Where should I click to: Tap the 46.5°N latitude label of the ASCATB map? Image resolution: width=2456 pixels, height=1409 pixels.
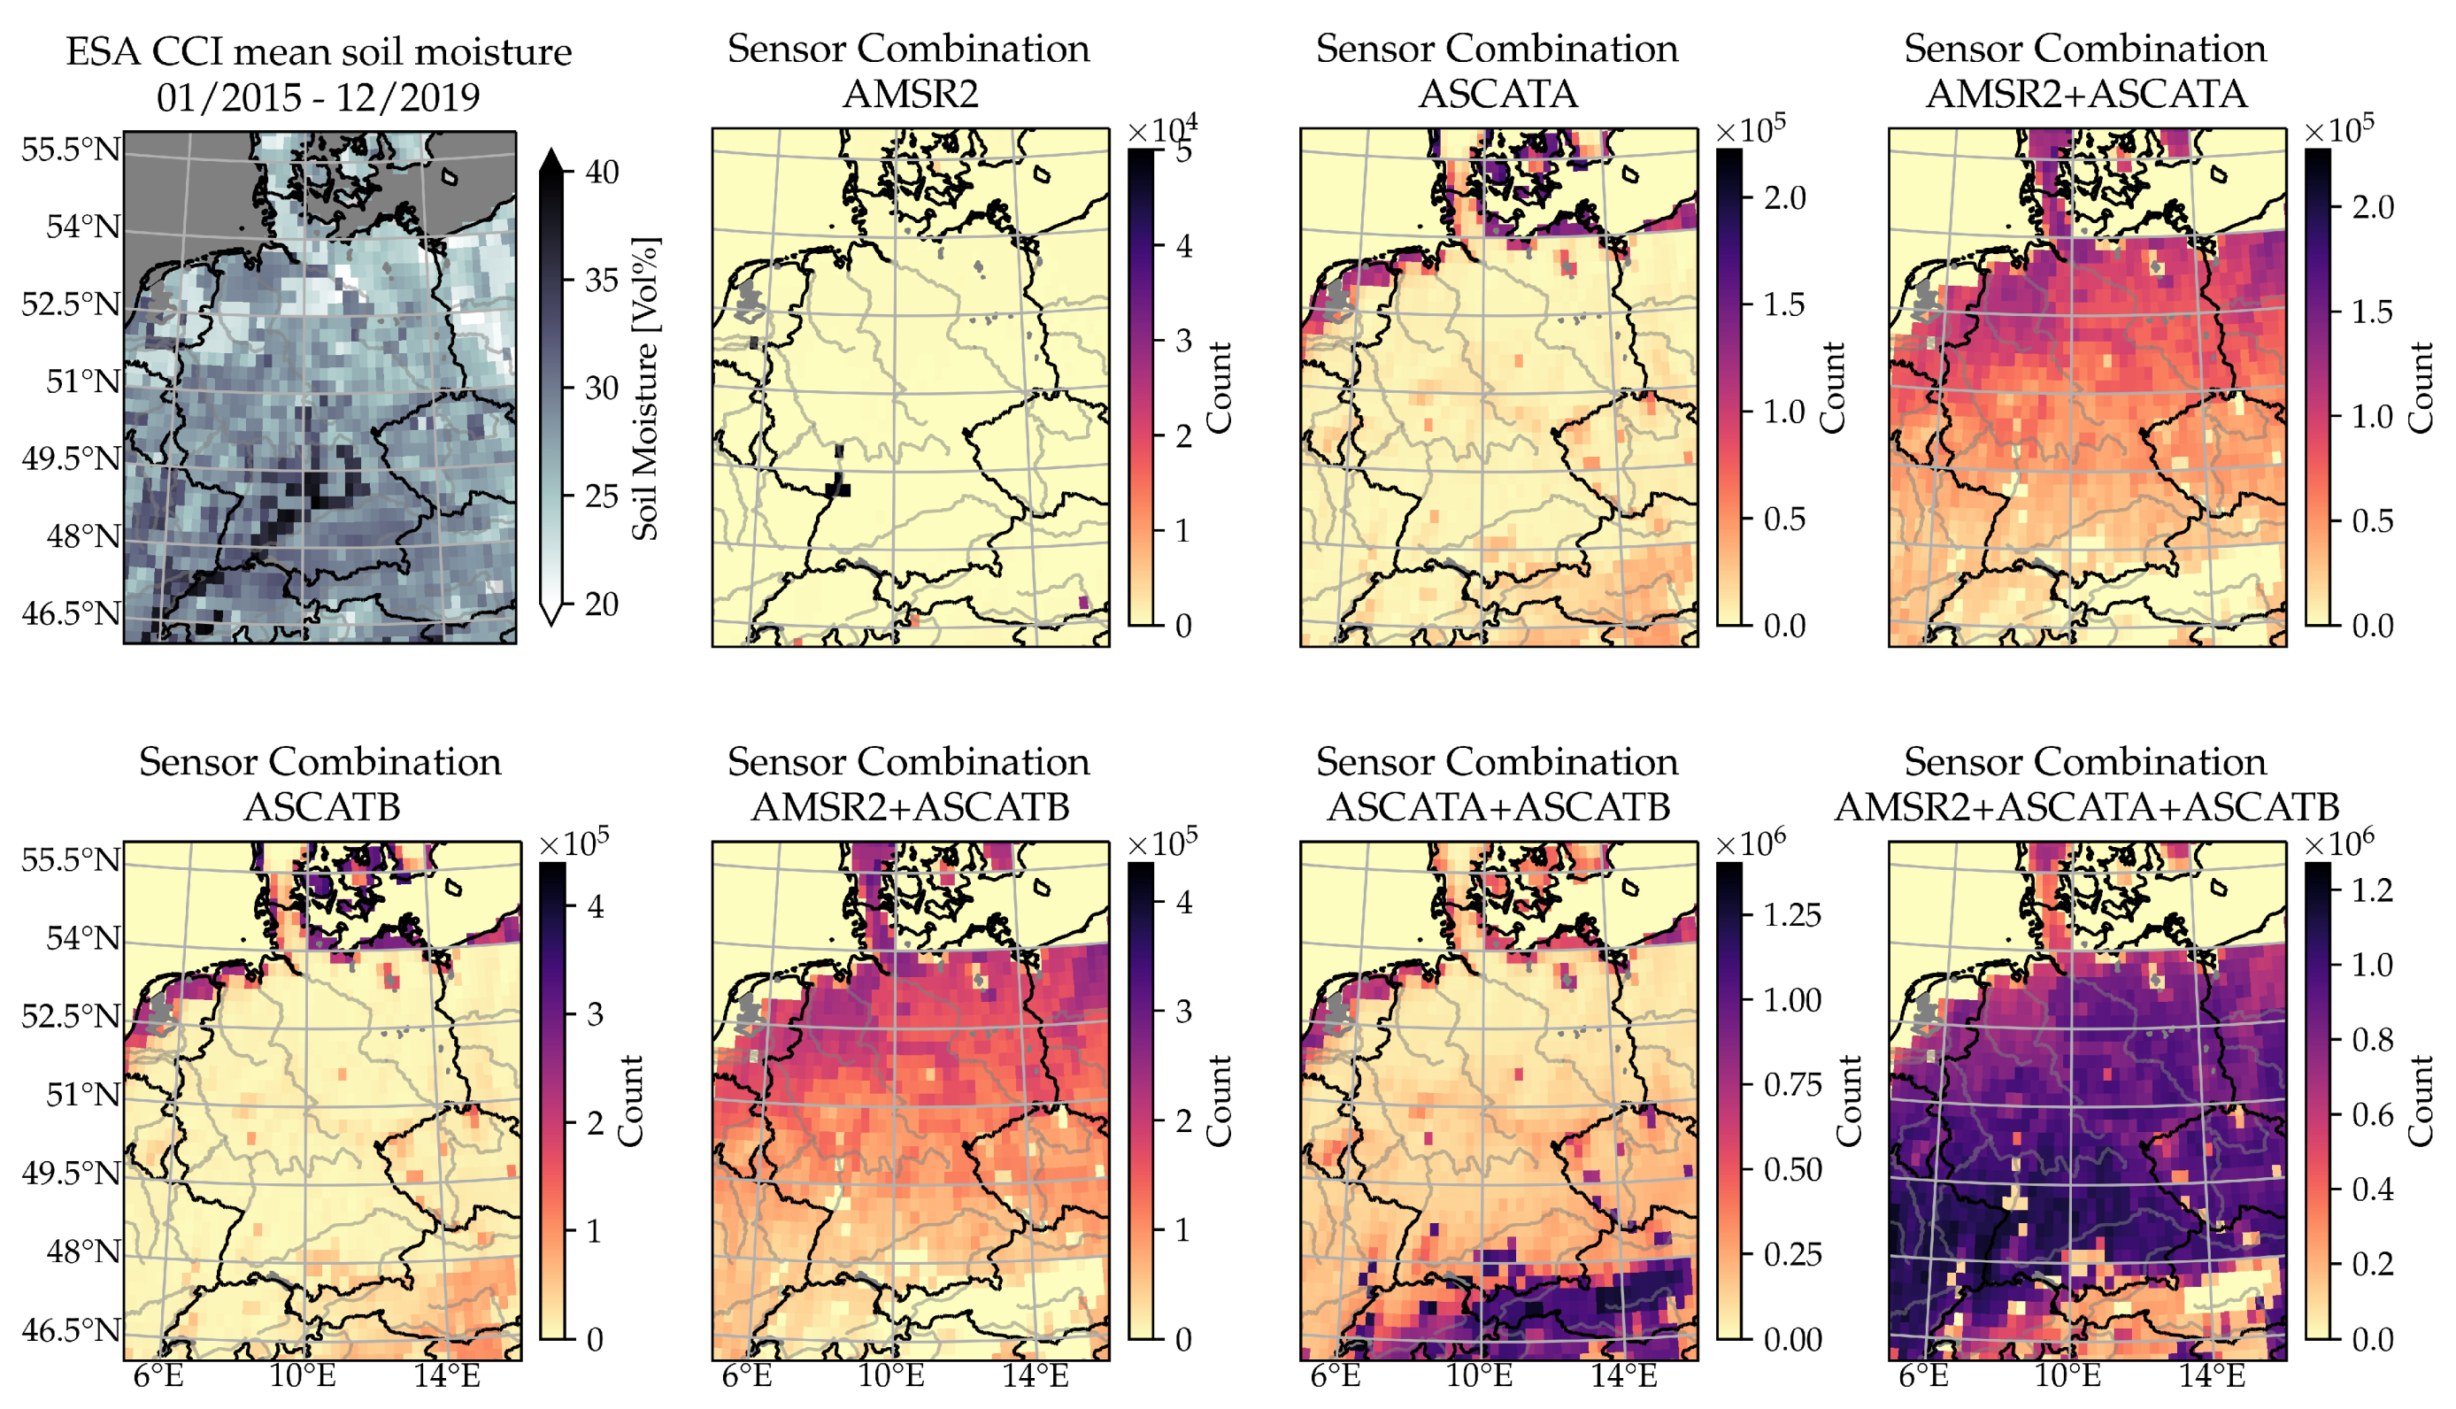(x=71, y=1329)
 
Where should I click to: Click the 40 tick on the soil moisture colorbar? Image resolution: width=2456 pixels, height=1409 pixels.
(x=601, y=173)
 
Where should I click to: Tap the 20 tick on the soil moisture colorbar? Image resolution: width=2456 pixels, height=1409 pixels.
(x=601, y=604)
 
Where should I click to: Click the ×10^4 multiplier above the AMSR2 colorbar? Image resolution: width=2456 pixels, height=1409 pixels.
(x=1162, y=130)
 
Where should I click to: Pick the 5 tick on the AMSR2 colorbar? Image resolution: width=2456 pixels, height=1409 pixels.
(x=1183, y=152)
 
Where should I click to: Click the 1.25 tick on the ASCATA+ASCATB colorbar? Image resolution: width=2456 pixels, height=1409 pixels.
(x=1791, y=914)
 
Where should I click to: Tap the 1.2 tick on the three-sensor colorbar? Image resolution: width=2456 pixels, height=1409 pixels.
(x=2372, y=889)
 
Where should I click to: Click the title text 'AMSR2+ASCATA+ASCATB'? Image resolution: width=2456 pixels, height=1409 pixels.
(x=2086, y=806)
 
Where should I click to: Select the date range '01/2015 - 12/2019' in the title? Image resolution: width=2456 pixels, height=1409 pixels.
(x=319, y=96)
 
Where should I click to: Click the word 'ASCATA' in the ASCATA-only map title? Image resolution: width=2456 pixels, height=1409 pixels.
(x=1498, y=94)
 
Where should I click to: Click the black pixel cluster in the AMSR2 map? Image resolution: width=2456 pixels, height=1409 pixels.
(x=839, y=489)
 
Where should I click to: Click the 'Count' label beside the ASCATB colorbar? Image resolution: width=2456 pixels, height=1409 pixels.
(x=631, y=1100)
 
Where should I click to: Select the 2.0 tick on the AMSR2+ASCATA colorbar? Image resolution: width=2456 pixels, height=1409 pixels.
(x=2372, y=207)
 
